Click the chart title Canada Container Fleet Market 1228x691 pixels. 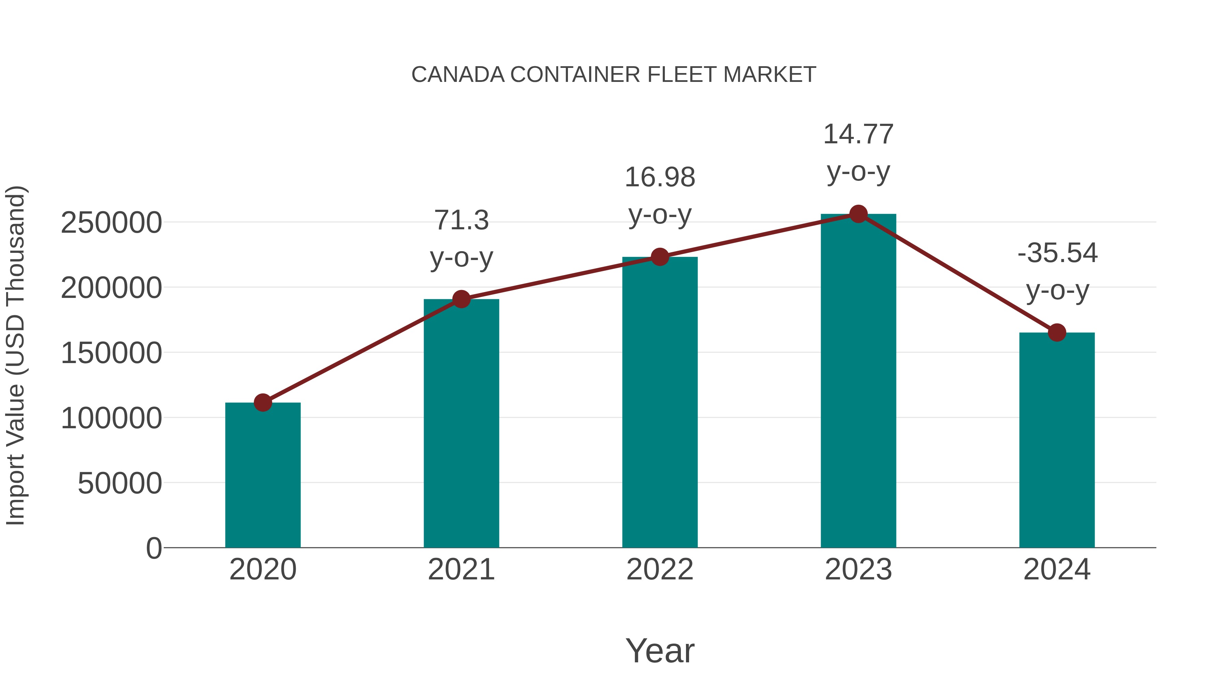click(x=614, y=75)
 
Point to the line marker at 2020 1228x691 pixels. click(x=263, y=403)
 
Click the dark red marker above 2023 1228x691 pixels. click(x=858, y=214)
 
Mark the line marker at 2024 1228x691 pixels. click(x=1057, y=332)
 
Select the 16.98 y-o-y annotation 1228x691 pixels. click(x=660, y=196)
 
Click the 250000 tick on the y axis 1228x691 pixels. click(x=111, y=223)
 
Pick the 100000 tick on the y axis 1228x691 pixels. click(x=111, y=418)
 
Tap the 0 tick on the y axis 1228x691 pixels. click(x=153, y=548)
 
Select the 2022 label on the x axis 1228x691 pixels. click(x=660, y=570)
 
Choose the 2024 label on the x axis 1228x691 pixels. click(x=1057, y=570)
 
